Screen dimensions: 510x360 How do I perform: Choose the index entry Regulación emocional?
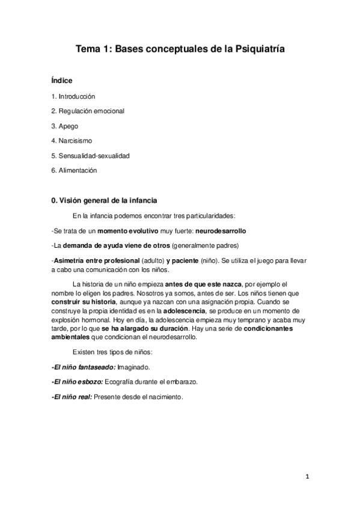88,111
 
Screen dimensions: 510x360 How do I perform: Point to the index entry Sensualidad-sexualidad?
91,155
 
